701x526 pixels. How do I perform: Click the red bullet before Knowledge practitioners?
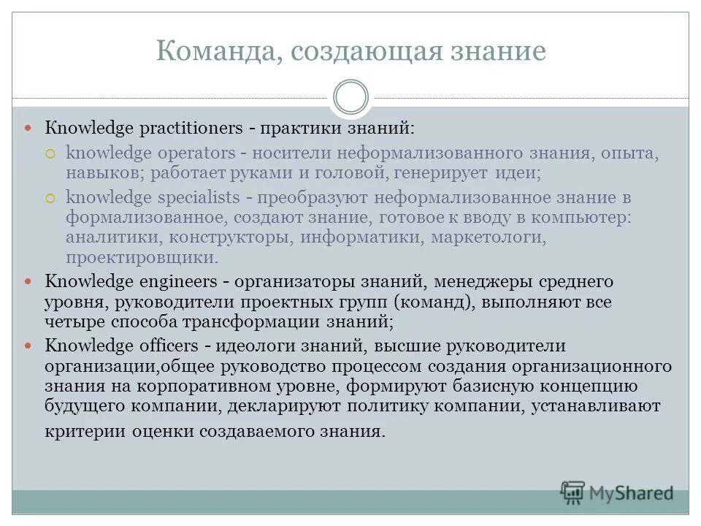pos(30,129)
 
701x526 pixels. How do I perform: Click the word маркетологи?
pos(488,237)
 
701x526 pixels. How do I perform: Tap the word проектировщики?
pos(142,258)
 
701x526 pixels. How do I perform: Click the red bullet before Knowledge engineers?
pos(30,281)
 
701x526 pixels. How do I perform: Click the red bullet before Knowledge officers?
pos(30,346)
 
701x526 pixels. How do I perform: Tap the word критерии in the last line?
pos(85,430)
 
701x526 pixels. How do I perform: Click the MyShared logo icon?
pos(573,492)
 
